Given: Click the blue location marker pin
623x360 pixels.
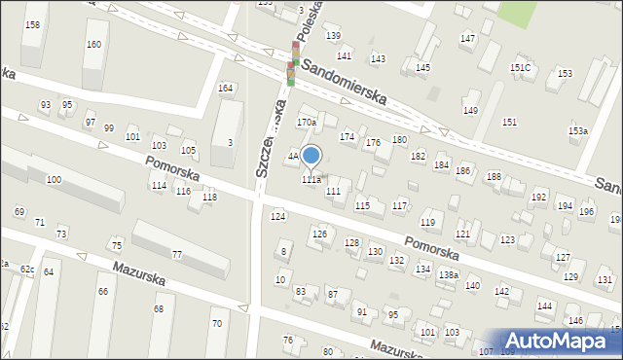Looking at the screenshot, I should tap(311, 155).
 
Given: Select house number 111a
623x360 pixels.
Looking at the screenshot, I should tap(311, 179).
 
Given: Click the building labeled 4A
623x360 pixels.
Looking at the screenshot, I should tap(292, 156).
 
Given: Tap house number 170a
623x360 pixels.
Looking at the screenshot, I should tap(307, 123).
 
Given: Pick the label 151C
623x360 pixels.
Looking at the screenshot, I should tap(520, 67).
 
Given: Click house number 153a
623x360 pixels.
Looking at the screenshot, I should tap(578, 130).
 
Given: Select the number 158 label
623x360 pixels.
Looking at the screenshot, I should tap(32, 23).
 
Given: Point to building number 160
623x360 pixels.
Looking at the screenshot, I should tap(93, 45).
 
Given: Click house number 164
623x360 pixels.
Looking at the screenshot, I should tap(225, 89).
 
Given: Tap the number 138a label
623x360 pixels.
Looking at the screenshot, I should tap(448, 275).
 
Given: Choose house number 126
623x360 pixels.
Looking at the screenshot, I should tap(318, 234).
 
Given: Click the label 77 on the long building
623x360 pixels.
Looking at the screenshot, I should tap(177, 255).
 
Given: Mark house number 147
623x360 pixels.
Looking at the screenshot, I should tap(467, 38).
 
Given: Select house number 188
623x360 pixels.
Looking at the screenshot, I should tap(494, 176).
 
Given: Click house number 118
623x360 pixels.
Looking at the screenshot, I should tap(209, 198).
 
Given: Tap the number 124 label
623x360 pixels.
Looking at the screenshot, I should tap(278, 216).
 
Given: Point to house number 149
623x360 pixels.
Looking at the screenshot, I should tap(470, 111).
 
